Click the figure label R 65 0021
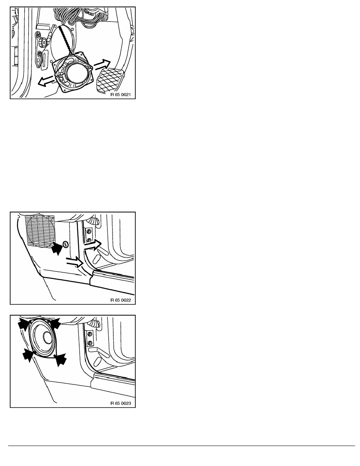click(120, 95)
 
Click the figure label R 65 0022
click(120, 300)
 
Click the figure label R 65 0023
click(120, 403)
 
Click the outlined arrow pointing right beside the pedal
click(102, 65)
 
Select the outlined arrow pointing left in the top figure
click(46, 81)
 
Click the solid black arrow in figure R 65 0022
click(56, 248)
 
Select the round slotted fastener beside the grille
click(65, 245)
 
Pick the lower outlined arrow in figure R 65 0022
click(74, 261)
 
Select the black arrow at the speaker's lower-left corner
click(29, 355)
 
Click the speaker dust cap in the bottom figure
click(47, 337)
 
